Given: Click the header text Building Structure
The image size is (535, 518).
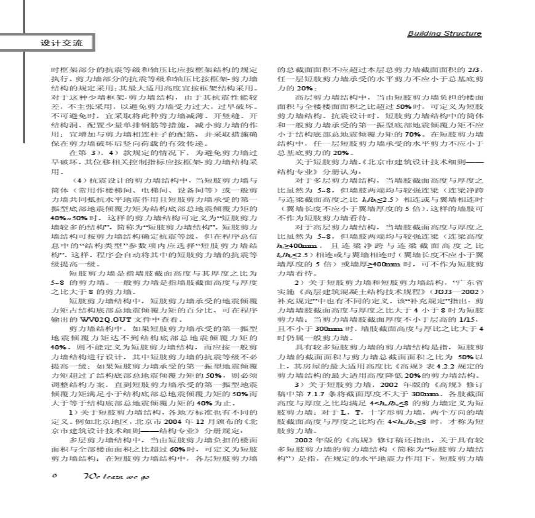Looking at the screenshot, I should tap(444, 33).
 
